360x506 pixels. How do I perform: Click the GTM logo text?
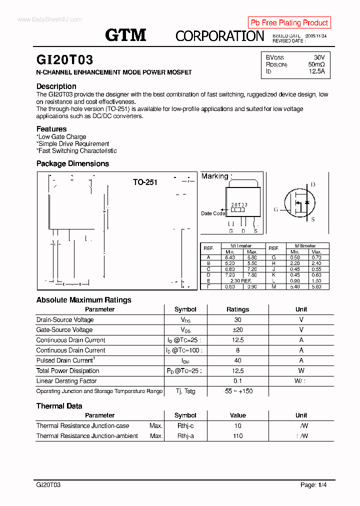point(125,34)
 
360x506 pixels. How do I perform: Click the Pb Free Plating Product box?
point(289,22)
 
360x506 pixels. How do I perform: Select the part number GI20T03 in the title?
point(64,60)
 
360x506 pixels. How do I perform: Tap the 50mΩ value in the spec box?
point(316,64)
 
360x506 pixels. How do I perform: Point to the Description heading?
point(56,86)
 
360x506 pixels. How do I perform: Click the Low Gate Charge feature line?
point(61,136)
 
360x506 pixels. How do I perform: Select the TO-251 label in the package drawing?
point(145,182)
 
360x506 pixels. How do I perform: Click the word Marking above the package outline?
point(214,176)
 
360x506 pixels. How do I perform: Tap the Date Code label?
point(213,213)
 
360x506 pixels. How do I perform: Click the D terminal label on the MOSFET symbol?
point(313,185)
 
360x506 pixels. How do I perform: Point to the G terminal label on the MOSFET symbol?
point(275,209)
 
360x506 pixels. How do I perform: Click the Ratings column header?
point(237,309)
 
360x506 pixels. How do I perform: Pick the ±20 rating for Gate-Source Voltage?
point(237,330)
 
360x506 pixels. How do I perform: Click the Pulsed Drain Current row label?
point(65,360)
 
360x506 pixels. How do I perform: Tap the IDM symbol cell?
point(185,360)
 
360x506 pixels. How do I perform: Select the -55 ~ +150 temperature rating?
point(237,391)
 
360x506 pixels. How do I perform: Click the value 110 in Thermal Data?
point(237,436)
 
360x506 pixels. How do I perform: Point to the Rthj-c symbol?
point(185,426)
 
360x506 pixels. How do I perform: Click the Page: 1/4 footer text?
point(314,485)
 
